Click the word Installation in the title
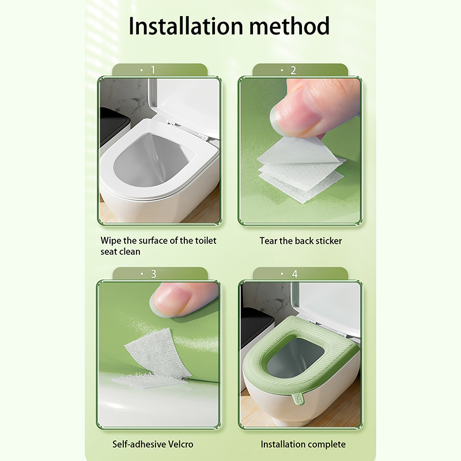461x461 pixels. [x=186, y=26]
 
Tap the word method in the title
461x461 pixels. [x=290, y=26]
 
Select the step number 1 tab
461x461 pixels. [x=160, y=70]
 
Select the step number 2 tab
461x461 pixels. [x=300, y=70]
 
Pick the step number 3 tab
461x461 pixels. [x=160, y=274]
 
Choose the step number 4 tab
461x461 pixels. [x=300, y=274]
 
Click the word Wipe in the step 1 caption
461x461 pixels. [x=111, y=241]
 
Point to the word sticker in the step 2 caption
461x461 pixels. [x=327, y=241]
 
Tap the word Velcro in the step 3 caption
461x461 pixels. [x=180, y=444]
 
